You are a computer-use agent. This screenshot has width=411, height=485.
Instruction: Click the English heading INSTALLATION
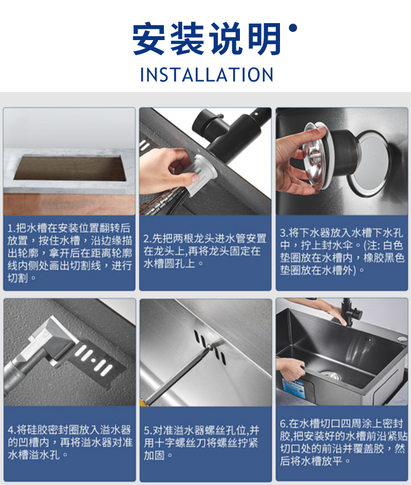(207, 74)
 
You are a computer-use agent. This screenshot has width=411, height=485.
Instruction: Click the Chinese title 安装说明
(207, 39)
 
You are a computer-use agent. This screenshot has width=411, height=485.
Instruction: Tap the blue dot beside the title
(292, 28)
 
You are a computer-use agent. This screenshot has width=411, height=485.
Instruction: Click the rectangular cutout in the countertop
(69, 169)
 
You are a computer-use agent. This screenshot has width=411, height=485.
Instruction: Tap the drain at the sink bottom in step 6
(330, 375)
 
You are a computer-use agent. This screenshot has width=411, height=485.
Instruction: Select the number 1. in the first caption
(11, 228)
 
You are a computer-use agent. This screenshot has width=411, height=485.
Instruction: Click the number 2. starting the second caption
(147, 239)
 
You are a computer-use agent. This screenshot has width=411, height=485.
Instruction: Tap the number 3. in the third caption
(284, 233)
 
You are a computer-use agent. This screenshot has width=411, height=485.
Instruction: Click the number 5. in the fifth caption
(148, 431)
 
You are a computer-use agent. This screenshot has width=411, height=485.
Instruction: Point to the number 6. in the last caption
(284, 424)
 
